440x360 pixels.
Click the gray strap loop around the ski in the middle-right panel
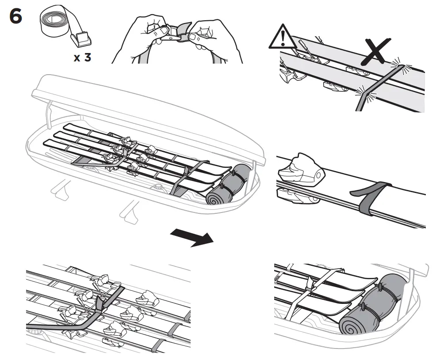click(x=369, y=197)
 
